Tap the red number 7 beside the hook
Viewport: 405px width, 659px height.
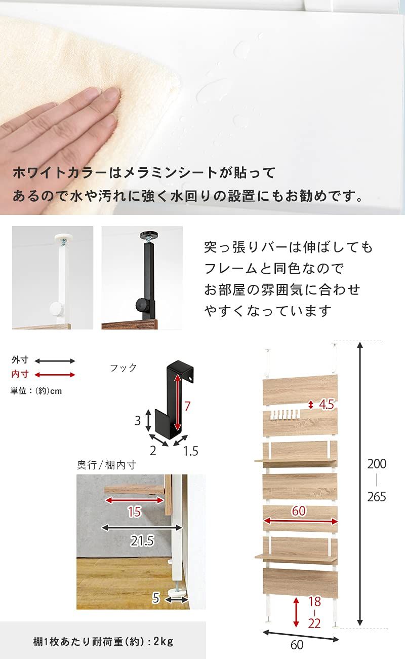click(187, 406)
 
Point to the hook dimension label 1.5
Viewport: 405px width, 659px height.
click(190, 451)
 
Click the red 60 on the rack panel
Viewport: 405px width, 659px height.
click(299, 511)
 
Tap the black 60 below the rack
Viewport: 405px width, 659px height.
click(297, 645)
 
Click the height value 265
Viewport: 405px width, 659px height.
click(377, 497)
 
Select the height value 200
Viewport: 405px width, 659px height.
click(377, 464)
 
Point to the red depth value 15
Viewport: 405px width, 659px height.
click(134, 512)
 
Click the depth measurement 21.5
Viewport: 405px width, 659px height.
click(142, 541)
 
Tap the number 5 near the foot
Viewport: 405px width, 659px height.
click(156, 599)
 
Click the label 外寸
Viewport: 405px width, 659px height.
click(20, 360)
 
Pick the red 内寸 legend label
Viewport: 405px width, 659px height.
click(20, 375)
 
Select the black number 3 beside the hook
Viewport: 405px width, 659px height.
click(137, 421)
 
